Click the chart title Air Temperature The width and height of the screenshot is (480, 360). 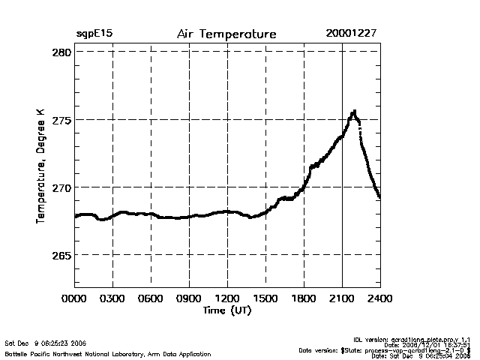click(x=226, y=34)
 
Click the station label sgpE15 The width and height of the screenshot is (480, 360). click(x=94, y=34)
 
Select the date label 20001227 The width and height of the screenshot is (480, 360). click(x=352, y=34)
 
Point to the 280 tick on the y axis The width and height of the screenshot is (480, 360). click(x=62, y=52)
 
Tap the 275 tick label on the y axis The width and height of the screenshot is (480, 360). click(x=62, y=120)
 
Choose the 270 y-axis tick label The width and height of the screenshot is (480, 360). click(x=62, y=187)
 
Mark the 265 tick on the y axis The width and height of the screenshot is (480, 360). click(x=62, y=255)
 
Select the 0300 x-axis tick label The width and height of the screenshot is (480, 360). click(x=112, y=298)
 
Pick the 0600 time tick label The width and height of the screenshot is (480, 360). click(x=151, y=298)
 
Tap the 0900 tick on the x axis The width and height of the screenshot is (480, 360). click(x=189, y=298)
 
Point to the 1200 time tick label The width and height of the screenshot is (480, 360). click(x=227, y=298)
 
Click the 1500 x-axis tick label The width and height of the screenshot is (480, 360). click(x=265, y=298)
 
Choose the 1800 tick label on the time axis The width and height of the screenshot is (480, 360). click(x=304, y=298)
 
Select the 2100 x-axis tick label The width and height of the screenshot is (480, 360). click(x=342, y=298)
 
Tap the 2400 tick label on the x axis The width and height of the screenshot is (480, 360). click(x=379, y=298)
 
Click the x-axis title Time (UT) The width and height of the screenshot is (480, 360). click(x=226, y=310)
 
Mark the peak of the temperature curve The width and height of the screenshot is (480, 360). click(x=354, y=112)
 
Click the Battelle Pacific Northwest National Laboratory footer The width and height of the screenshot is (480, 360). click(x=108, y=353)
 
